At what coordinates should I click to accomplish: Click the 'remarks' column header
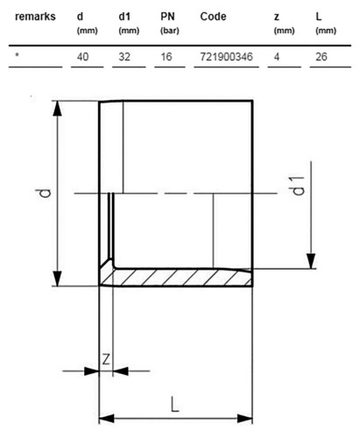(35, 17)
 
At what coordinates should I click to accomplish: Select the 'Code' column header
(213, 17)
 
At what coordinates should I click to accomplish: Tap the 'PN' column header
(167, 17)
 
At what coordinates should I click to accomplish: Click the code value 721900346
(226, 57)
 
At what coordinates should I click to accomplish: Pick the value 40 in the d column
(83, 57)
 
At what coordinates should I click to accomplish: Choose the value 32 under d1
(124, 57)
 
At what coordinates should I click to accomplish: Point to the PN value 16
(166, 57)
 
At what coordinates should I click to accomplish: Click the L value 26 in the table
(321, 57)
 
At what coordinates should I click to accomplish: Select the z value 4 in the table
(277, 57)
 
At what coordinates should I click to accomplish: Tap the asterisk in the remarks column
(18, 54)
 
